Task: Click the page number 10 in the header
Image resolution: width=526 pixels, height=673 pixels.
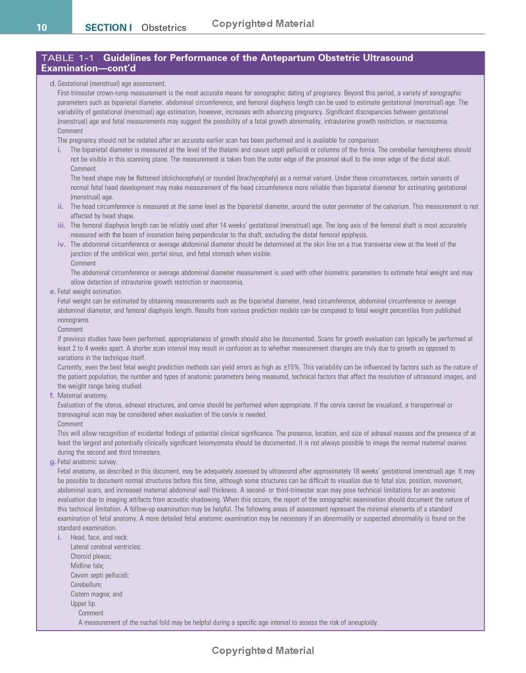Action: point(41,27)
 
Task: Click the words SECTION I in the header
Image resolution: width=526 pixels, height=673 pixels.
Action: point(108,28)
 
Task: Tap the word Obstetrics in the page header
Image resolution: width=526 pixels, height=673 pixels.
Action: point(164,28)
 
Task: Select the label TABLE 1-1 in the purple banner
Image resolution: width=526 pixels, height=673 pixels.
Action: point(67,58)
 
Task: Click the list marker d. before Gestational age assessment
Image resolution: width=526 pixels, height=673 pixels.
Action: point(53,83)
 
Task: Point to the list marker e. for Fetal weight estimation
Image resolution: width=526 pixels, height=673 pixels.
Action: point(53,292)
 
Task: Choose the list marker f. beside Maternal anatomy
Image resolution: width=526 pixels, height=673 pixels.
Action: point(53,396)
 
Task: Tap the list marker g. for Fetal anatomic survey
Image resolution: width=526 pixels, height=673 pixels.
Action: point(53,462)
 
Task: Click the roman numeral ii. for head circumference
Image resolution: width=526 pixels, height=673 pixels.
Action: point(60,206)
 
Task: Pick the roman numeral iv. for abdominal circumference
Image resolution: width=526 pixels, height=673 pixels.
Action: point(60,244)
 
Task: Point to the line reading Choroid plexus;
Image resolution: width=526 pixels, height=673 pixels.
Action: point(91,556)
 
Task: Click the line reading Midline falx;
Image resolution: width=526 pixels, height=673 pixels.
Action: point(87,566)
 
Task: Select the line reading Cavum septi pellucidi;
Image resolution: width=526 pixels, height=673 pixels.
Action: point(99,575)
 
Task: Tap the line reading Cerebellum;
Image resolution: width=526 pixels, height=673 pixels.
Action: point(86,584)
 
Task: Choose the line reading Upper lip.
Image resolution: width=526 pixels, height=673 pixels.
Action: point(84,603)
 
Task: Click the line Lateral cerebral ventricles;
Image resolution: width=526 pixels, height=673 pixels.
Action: point(106,547)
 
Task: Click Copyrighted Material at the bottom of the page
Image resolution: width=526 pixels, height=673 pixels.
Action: point(263,651)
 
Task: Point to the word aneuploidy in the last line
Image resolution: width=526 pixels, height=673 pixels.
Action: point(364,622)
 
